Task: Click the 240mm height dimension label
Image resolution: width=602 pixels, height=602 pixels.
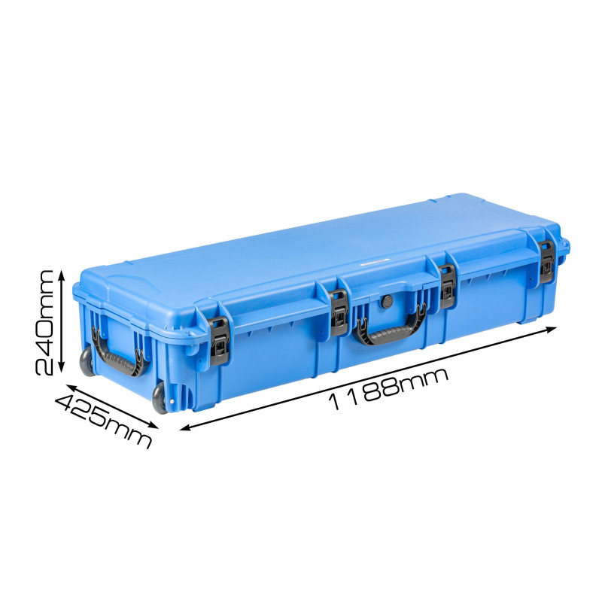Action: (44, 322)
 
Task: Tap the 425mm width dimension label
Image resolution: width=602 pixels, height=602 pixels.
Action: (104, 421)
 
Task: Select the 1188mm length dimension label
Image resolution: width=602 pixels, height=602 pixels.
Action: (388, 389)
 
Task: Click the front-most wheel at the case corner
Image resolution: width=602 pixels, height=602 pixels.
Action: (160, 397)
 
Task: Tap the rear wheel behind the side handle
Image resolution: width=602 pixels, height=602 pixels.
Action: (87, 361)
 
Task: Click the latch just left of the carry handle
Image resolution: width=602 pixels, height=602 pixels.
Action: (339, 308)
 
